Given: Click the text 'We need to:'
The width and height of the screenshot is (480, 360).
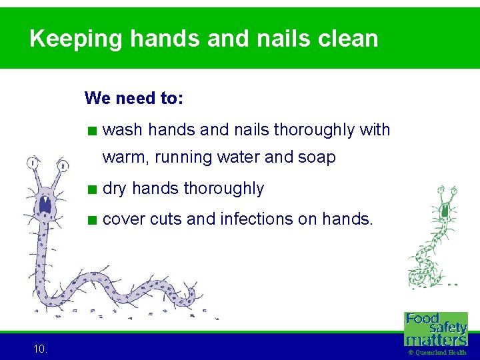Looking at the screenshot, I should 134,99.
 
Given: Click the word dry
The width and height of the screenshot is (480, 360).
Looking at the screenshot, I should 115,189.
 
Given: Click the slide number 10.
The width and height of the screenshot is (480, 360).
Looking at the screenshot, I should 39,348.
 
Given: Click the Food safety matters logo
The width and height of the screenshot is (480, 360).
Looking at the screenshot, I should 436,328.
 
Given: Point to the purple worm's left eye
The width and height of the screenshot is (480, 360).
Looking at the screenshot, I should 33,163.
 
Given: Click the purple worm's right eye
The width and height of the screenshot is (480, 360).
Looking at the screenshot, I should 63,165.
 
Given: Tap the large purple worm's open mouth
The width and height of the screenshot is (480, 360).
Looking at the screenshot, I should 45,204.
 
